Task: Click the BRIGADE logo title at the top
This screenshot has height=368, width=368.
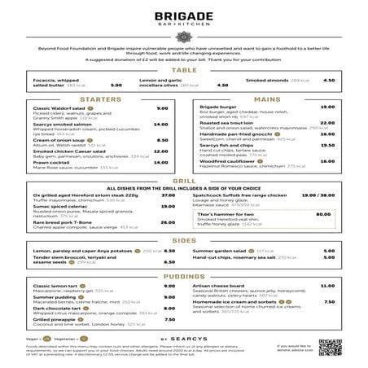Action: coord(183,17)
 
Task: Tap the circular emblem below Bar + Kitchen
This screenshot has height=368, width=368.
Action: coord(183,37)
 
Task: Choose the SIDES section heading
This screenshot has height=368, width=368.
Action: coord(184,241)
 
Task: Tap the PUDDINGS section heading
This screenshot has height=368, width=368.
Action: coord(184,277)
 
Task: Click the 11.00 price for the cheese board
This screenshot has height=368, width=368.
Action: coord(328,286)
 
